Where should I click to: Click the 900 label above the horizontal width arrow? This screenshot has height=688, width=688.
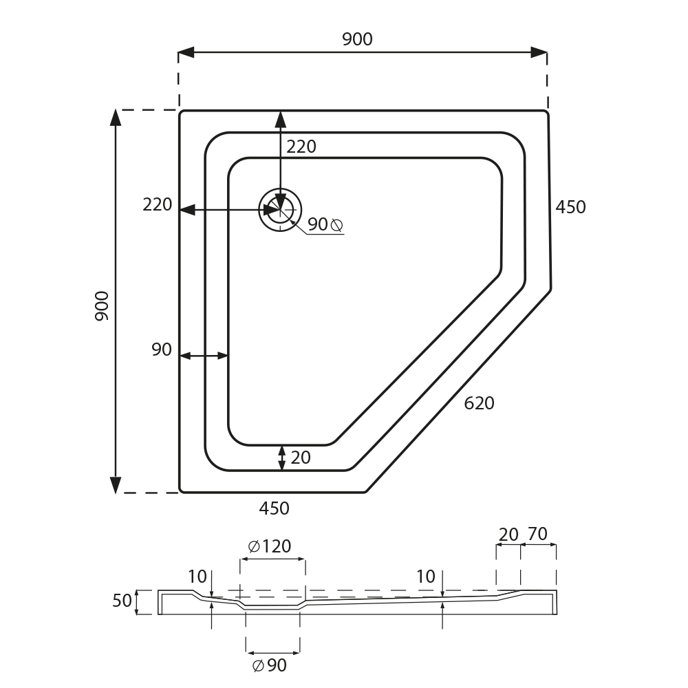coord(357,39)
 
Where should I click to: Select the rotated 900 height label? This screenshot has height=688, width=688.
coord(102,306)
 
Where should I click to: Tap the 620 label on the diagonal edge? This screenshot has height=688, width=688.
coord(479,403)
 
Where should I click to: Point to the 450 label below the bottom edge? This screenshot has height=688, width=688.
coord(275,508)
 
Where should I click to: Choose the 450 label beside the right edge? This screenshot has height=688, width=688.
coord(570,207)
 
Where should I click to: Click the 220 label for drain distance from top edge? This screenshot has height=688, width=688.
coord(301,147)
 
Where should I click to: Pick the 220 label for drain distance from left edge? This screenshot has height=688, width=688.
coord(157,205)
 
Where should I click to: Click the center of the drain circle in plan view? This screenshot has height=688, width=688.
coord(280,210)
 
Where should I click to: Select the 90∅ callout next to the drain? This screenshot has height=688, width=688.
coord(325,224)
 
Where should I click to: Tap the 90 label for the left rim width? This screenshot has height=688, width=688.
coord(162,350)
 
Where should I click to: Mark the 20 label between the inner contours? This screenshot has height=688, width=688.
coord(301,458)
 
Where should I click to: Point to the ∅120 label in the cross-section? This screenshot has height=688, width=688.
coord(270,546)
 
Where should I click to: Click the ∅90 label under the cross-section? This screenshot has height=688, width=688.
coord(270,665)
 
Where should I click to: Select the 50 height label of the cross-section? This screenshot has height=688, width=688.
coord(122,601)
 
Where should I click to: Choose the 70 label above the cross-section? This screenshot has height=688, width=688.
coord(537,534)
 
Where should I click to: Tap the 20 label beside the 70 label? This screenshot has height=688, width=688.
coord(508,535)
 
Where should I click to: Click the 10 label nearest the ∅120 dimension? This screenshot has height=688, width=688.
coord(197,577)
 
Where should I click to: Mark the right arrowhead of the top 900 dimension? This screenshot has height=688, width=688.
coord(539,52)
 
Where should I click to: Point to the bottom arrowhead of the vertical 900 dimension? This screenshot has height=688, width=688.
coord(116,485)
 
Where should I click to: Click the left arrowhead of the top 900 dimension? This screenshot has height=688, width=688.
coord(186,52)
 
